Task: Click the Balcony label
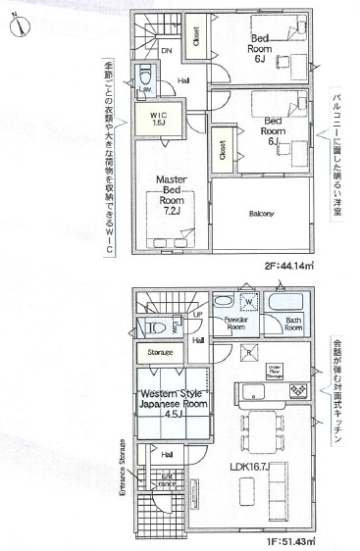tap(260, 213)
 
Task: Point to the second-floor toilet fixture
tap(146, 75)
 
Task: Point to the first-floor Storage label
tap(161, 352)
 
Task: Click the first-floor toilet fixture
tap(152, 327)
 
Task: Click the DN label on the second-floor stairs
tap(167, 50)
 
